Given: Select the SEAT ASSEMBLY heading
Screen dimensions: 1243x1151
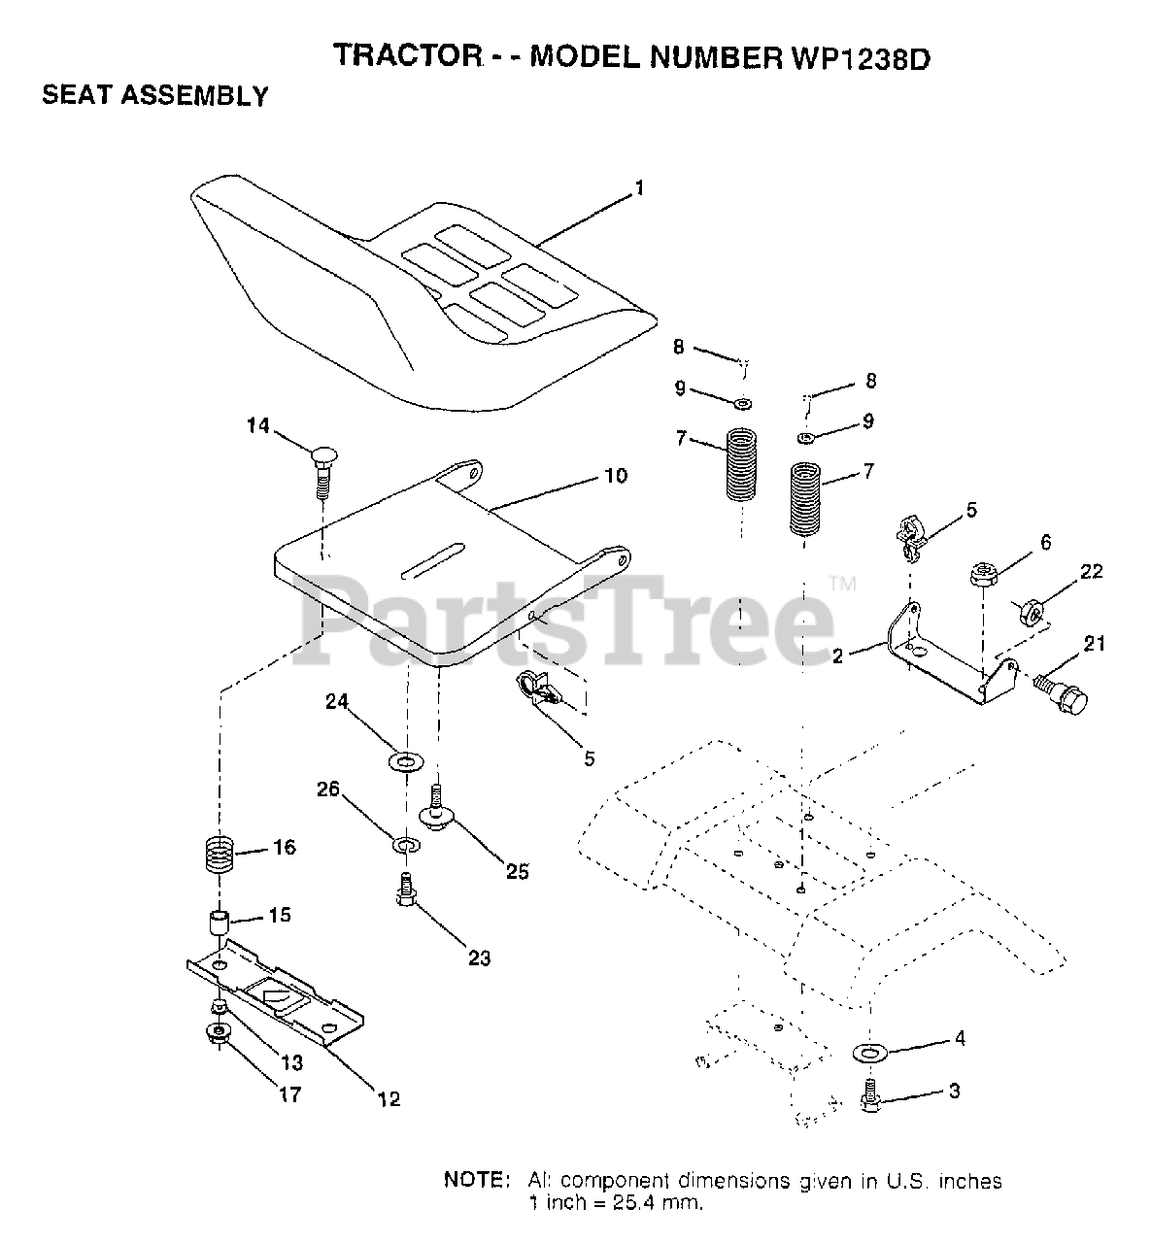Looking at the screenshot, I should (x=155, y=96).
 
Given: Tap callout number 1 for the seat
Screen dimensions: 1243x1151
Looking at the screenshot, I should (x=639, y=187).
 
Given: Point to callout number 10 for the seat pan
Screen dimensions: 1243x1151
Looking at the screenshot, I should (x=616, y=476).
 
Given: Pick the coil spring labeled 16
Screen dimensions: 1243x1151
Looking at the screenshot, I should (x=224, y=856).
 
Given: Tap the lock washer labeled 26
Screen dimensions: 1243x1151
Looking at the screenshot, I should (x=406, y=844).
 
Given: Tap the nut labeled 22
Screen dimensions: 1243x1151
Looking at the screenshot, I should (x=1032, y=614).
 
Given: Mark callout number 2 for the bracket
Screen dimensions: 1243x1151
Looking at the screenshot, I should (x=838, y=655).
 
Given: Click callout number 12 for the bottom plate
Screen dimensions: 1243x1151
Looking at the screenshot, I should (x=389, y=1099).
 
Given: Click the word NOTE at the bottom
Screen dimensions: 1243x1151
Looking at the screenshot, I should (x=476, y=1181).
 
